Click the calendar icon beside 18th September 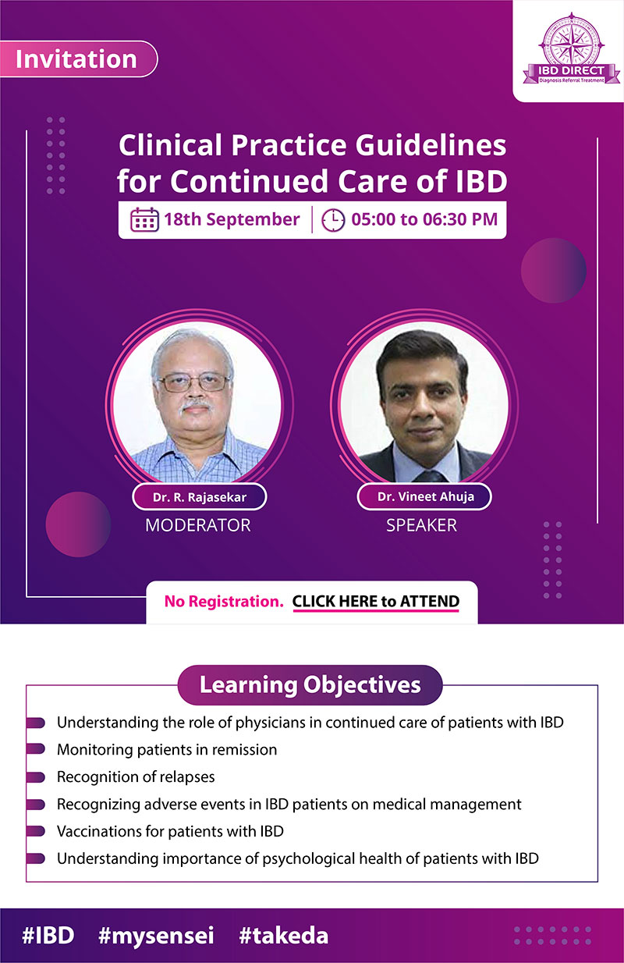[x=144, y=219]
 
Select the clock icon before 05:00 [x=333, y=219]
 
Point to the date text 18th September [x=231, y=219]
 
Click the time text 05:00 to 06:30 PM [x=424, y=219]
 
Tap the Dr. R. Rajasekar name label [x=199, y=496]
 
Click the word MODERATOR [x=198, y=525]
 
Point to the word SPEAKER [x=421, y=525]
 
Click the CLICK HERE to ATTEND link [x=375, y=602]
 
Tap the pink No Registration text [x=223, y=602]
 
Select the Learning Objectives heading [x=310, y=685]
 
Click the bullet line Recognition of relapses [x=136, y=776]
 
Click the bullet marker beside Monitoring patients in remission [x=35, y=750]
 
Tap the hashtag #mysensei [x=156, y=936]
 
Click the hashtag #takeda [x=283, y=936]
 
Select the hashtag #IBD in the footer [x=48, y=936]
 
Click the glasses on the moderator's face [x=194, y=382]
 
